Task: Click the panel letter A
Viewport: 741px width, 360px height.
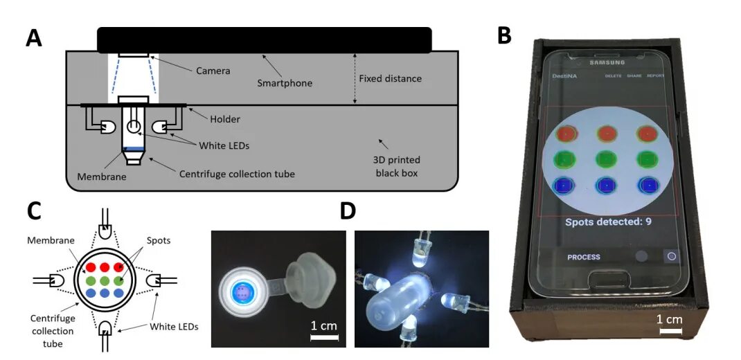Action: [34, 38]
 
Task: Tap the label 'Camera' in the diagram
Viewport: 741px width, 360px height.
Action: [213, 71]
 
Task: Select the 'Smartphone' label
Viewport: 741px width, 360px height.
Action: [285, 83]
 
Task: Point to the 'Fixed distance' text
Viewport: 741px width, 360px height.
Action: [390, 78]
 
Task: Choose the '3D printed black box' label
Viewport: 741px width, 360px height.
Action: [397, 167]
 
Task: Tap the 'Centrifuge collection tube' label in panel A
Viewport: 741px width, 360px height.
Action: [237, 174]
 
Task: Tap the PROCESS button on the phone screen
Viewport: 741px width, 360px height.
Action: [584, 257]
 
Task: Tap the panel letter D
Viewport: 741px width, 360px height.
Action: [350, 210]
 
